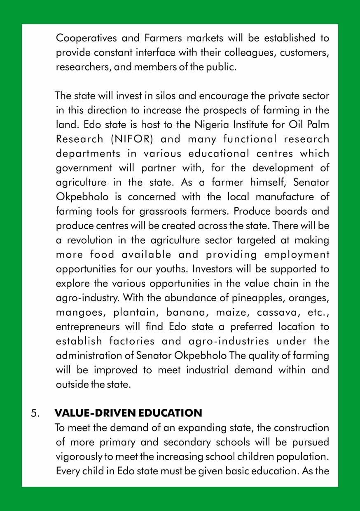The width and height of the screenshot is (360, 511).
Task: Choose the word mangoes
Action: click(x=79, y=312)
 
